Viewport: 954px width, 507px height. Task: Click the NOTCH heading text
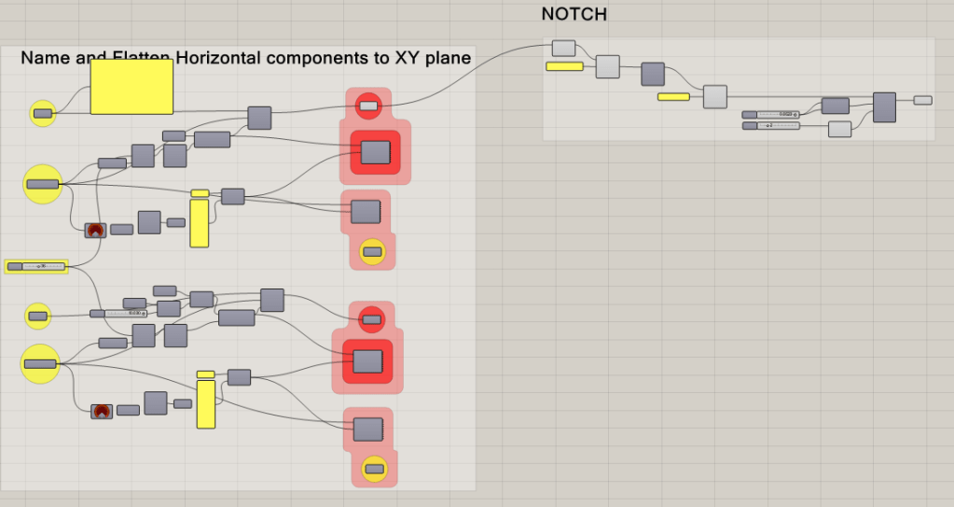tap(574, 15)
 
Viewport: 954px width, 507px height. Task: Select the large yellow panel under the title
tap(131, 88)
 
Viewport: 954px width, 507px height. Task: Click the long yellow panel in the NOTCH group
tap(564, 66)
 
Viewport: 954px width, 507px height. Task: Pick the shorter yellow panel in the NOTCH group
tap(673, 96)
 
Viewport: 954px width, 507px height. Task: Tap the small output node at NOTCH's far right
tap(922, 100)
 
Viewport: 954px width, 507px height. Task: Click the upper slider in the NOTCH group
tap(770, 114)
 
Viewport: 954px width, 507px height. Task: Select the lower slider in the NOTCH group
tap(770, 125)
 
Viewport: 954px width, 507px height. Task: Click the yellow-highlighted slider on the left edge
tap(37, 266)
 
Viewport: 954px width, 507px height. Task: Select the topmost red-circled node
tap(369, 106)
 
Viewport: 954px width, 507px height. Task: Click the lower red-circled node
tap(371, 319)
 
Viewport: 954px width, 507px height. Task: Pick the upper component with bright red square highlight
tap(375, 151)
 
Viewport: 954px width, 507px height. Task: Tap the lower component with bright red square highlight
tap(367, 361)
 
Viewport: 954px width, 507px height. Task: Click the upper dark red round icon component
tap(94, 230)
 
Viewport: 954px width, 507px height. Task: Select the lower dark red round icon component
tap(102, 411)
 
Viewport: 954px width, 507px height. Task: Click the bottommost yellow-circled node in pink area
tap(375, 468)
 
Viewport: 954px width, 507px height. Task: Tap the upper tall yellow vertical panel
tap(200, 222)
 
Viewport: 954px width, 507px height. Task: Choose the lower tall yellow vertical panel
tap(206, 403)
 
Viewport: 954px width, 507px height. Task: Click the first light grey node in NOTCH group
tap(563, 48)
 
